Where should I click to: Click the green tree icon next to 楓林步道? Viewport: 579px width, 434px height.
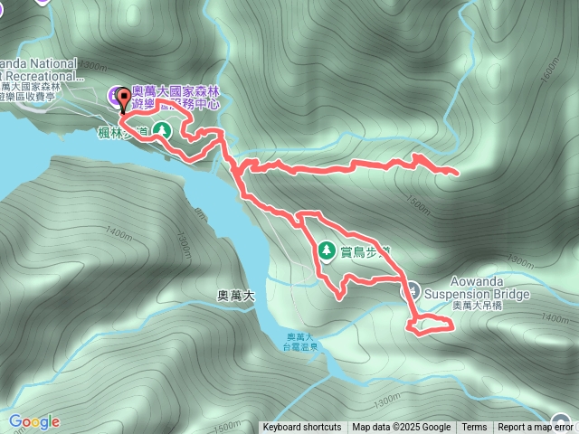pos(162,130)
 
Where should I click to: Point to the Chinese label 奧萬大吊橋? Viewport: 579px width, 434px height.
pos(478,306)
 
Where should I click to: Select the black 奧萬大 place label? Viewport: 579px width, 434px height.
pos(238,295)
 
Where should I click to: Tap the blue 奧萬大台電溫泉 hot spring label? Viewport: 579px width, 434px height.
pos(298,341)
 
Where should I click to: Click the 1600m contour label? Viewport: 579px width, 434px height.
pos(550,71)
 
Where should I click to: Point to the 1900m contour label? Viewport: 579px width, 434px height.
pos(93,64)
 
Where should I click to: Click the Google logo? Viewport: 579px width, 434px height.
pos(33,421)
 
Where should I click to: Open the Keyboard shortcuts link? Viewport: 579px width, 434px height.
pos(302,428)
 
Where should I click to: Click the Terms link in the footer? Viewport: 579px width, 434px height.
pos(474,428)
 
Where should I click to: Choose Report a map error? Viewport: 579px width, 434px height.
pos(536,428)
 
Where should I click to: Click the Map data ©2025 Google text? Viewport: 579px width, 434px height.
pos(402,428)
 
